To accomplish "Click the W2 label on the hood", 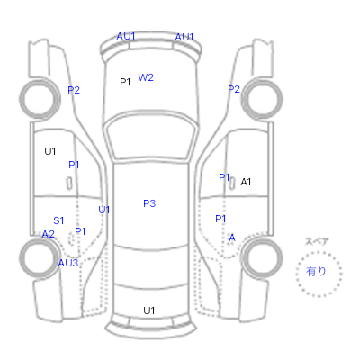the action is [146, 77].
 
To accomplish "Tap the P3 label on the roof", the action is [149, 203].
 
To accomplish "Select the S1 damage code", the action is [58, 220].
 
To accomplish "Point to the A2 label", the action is [49, 234].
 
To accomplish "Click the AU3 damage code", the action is [68, 263].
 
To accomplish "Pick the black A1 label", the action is [246, 182].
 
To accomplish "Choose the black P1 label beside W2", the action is [125, 82].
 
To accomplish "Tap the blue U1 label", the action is [103, 210].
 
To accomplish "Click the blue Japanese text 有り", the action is [316, 272].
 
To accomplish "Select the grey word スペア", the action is [317, 241].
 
